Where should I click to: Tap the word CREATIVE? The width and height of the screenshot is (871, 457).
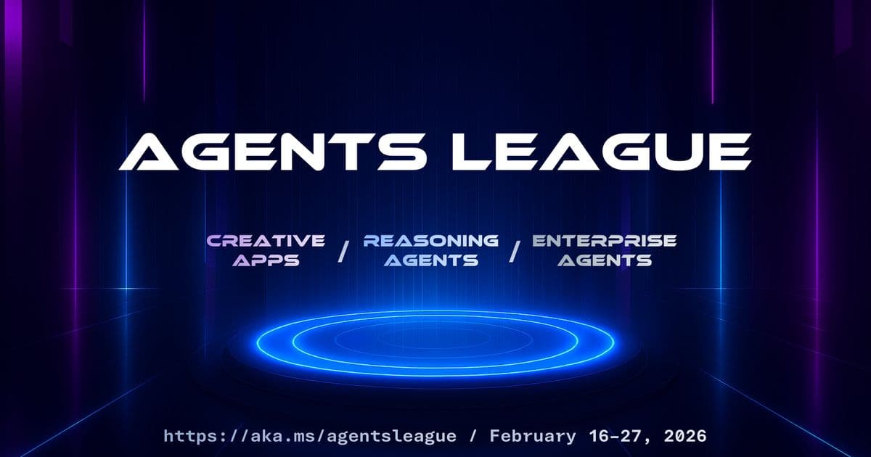266,240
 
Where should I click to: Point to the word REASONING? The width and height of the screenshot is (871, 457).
431,240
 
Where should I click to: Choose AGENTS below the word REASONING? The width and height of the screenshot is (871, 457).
431,260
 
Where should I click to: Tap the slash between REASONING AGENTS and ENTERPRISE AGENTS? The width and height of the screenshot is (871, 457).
515,250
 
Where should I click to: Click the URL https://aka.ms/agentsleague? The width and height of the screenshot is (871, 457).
310,436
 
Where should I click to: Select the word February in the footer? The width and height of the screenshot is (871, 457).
531,436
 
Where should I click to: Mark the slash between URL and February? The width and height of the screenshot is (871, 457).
473,436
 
